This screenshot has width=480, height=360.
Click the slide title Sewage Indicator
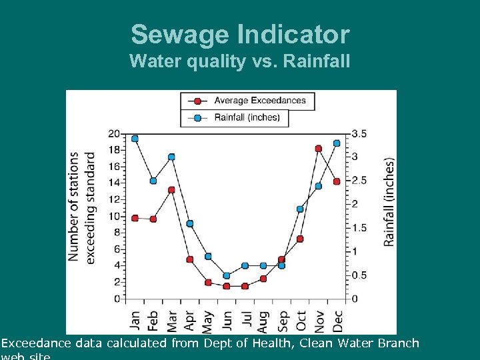240,34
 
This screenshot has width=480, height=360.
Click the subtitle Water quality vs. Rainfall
240,61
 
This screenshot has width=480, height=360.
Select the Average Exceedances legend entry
259,101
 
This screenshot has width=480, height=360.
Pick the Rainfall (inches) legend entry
247,118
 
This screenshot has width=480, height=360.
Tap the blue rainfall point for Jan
135,139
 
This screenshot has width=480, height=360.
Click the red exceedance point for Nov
319,149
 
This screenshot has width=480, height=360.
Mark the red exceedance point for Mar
171,190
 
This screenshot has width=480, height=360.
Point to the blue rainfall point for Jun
227,275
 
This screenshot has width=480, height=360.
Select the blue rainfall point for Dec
337,143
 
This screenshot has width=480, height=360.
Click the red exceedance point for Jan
135,218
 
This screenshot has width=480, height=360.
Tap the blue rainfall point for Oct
300,209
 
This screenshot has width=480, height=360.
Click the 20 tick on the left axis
114,134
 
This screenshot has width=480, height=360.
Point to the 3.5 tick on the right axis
359,134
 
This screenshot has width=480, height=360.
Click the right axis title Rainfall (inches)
389,201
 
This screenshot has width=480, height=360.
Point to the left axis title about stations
81,207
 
